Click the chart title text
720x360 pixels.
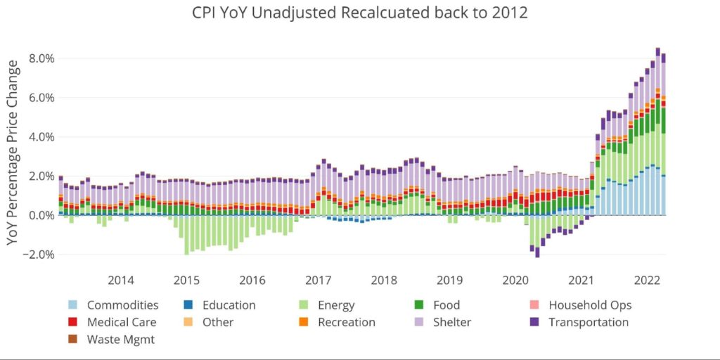pos(360,13)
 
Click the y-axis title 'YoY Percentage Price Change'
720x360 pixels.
pos(13,152)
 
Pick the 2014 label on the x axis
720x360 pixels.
pos(120,281)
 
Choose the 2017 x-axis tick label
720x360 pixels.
pos(318,281)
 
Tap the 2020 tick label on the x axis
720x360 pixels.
pos(515,281)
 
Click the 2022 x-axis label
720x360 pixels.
pos(647,281)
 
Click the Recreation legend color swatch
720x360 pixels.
pos(304,322)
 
